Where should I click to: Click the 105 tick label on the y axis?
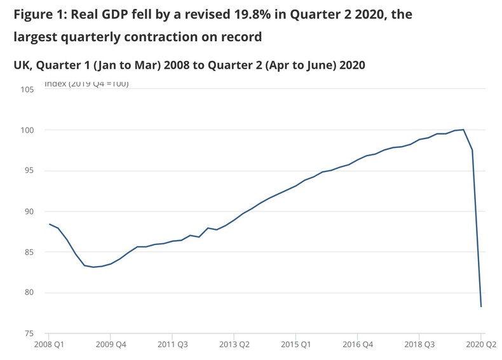[27, 90]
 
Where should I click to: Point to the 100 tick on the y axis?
[27, 130]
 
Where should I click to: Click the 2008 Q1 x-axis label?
[48, 345]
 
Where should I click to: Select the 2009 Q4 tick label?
[110, 345]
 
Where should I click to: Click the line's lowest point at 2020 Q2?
[481, 307]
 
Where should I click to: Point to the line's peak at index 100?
[463, 130]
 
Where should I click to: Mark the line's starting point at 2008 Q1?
[49, 223]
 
